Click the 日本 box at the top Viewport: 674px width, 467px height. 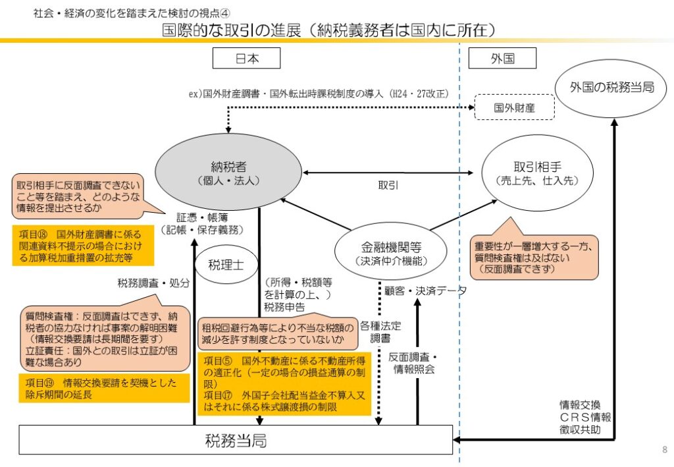247,59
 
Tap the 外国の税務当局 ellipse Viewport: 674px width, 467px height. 612,87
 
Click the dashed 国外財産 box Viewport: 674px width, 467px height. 514,106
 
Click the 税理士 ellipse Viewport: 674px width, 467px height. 225,265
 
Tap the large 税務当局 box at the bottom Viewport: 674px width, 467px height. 236,440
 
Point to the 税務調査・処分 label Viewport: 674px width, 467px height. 153,283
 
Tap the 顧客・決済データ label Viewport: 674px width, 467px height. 426,290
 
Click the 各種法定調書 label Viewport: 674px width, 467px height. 380,331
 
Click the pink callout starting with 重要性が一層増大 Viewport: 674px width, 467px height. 533,257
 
